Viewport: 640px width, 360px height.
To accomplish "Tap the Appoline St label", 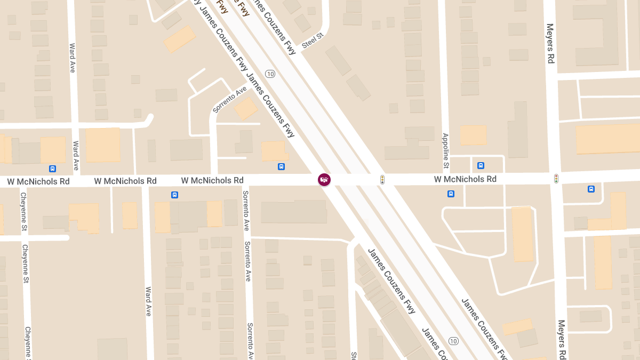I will pyautogui.click(x=446, y=151).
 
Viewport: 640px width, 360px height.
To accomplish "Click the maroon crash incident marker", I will pyautogui.click(x=324, y=180).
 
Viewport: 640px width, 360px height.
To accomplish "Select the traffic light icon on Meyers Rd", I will pyautogui.click(x=556, y=179).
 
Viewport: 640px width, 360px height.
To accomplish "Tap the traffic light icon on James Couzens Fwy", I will pyautogui.click(x=382, y=180).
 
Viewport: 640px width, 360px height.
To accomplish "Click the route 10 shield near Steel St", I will pyautogui.click(x=270, y=74).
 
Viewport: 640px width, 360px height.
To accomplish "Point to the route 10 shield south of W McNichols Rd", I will pyautogui.click(x=453, y=341).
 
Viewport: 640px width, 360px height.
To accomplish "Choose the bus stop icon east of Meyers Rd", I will pyautogui.click(x=591, y=189).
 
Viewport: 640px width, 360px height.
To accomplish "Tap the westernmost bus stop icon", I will pyautogui.click(x=52, y=169).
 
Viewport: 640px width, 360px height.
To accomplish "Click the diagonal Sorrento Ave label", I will pyautogui.click(x=230, y=99).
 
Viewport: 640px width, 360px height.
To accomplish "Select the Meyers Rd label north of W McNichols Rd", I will pyautogui.click(x=550, y=43).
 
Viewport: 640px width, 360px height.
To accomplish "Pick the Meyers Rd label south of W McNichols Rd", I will pyautogui.click(x=561, y=339).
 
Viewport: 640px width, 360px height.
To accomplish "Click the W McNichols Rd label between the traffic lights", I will pyautogui.click(x=465, y=179).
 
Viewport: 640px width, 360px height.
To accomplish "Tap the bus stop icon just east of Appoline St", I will pyautogui.click(x=481, y=166).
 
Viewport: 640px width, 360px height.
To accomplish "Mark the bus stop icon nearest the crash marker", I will pyautogui.click(x=281, y=167).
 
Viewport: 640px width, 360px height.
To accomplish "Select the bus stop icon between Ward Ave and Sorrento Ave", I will pyautogui.click(x=174, y=195).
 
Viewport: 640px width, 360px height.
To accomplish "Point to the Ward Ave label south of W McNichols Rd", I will pyautogui.click(x=149, y=301).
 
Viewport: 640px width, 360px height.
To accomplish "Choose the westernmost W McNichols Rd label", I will pyautogui.click(x=38, y=181).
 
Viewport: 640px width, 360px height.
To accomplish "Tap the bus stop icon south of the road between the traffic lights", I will pyautogui.click(x=451, y=194).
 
